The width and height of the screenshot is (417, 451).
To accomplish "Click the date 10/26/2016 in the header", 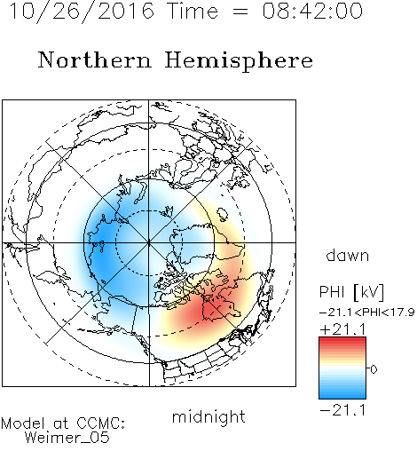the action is pyautogui.click(x=82, y=12).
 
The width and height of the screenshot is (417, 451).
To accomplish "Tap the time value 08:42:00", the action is pyautogui.click(x=312, y=11).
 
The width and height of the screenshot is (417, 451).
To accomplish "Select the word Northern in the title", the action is pyautogui.click(x=95, y=60).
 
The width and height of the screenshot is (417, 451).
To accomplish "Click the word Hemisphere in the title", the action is pyautogui.click(x=239, y=61).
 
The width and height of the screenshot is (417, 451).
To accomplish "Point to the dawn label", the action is pyautogui.click(x=348, y=255).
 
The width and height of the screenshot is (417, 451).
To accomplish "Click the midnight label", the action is pyautogui.click(x=208, y=417).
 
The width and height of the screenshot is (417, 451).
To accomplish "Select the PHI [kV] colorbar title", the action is pyautogui.click(x=351, y=292).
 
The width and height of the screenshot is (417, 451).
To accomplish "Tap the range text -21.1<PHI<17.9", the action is pyautogui.click(x=367, y=313).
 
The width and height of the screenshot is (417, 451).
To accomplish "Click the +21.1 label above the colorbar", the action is pyautogui.click(x=342, y=329).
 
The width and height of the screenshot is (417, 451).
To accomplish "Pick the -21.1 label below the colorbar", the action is pyautogui.click(x=342, y=410).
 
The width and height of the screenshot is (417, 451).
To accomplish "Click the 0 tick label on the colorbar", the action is pyautogui.click(x=374, y=369).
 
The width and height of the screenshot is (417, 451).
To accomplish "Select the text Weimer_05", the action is pyautogui.click(x=67, y=438).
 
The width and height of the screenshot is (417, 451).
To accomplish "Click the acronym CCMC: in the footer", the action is pyautogui.click(x=100, y=423).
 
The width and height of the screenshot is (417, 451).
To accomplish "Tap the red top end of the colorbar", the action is pyautogui.click(x=342, y=340).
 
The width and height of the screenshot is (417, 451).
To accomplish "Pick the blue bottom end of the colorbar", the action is pyautogui.click(x=342, y=396).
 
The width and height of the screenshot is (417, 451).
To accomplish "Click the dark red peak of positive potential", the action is pyautogui.click(x=208, y=309).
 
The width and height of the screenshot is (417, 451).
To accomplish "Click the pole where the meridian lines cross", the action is pyautogui.click(x=149, y=242).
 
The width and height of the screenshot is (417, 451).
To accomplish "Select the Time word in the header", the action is pyautogui.click(x=193, y=11).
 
